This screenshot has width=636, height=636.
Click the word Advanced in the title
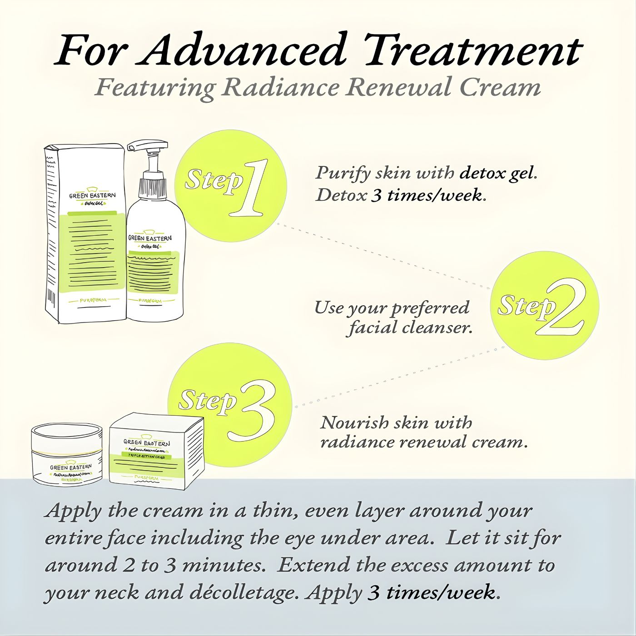tap(245, 50)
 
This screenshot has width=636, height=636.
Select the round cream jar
tap(68, 454)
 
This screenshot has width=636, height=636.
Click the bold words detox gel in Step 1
tap(498, 174)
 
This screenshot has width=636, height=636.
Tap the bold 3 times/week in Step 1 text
tap(427, 195)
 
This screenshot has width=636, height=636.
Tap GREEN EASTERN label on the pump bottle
tap(150, 238)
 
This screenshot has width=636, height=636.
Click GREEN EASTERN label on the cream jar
tap(70, 467)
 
